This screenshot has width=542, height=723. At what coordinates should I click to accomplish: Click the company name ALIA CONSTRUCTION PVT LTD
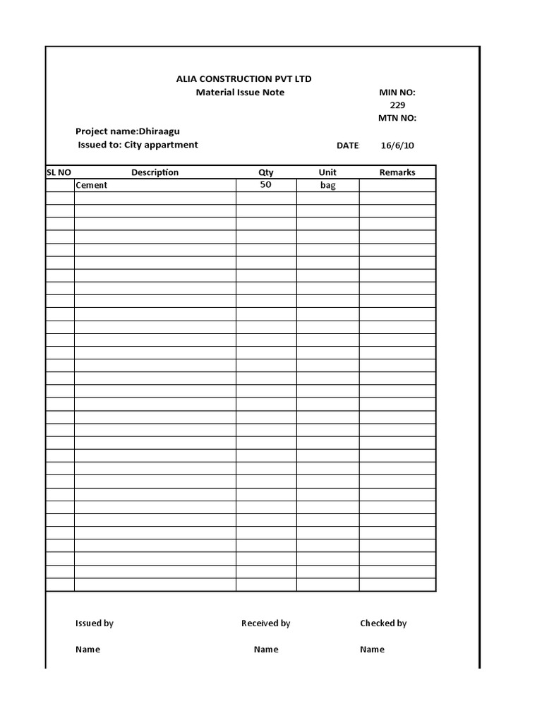pyautogui.click(x=243, y=78)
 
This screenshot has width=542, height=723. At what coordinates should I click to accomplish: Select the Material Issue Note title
pyautogui.click(x=240, y=92)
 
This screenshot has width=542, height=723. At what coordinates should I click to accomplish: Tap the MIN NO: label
pyautogui.click(x=397, y=92)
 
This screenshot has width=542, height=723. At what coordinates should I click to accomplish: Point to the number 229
pyautogui.click(x=398, y=105)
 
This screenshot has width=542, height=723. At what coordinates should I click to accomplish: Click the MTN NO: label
pyautogui.click(x=397, y=118)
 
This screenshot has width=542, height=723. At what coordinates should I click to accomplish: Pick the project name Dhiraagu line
pyautogui.click(x=133, y=131)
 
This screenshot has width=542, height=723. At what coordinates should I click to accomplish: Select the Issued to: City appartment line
pyautogui.click(x=138, y=145)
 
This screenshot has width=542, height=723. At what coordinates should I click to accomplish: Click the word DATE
pyautogui.click(x=347, y=145)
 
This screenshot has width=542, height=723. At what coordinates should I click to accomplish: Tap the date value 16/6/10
pyautogui.click(x=397, y=145)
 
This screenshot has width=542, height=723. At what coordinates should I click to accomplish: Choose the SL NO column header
pyautogui.click(x=59, y=172)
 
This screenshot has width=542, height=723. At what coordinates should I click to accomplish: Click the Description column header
pyautogui.click(x=155, y=172)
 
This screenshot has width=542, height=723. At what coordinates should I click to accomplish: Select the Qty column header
pyautogui.click(x=265, y=172)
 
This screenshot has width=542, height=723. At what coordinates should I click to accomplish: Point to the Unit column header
pyautogui.click(x=327, y=172)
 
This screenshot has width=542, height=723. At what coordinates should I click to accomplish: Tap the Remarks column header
pyautogui.click(x=397, y=172)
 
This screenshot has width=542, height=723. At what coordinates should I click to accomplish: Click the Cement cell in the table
pyautogui.click(x=92, y=185)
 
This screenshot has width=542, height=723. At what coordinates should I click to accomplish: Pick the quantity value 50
pyautogui.click(x=265, y=184)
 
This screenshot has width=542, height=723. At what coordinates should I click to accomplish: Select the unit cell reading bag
pyautogui.click(x=327, y=185)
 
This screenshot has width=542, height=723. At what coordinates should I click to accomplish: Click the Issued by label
pyautogui.click(x=95, y=623)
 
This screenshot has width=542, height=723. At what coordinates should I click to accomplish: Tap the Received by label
pyautogui.click(x=265, y=623)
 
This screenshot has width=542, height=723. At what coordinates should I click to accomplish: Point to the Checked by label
pyautogui.click(x=383, y=623)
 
